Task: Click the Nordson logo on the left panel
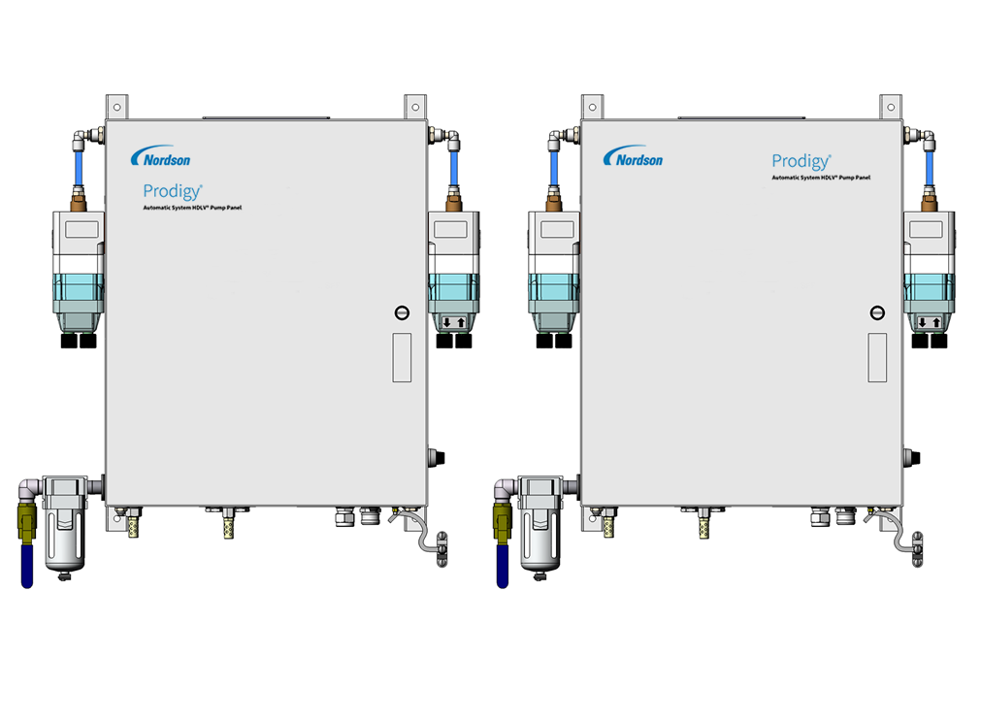(x=160, y=157)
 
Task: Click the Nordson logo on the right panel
(x=633, y=157)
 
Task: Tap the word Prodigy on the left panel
(x=173, y=191)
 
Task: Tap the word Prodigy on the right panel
(x=801, y=161)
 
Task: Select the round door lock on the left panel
(x=403, y=312)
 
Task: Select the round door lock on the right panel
(x=878, y=312)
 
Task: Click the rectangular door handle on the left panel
(x=402, y=357)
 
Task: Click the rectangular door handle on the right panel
(x=877, y=357)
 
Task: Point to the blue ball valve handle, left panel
(x=27, y=566)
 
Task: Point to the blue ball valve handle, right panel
(x=503, y=566)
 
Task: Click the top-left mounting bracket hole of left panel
(x=117, y=107)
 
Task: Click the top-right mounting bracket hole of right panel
(x=891, y=107)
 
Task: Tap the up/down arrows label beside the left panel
(x=454, y=323)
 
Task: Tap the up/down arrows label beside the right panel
(x=929, y=323)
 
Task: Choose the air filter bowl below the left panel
(x=64, y=538)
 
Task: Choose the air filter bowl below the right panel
(x=540, y=538)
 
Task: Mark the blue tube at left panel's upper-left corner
(x=79, y=168)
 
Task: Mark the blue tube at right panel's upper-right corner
(x=929, y=168)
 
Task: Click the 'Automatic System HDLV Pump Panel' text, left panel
(x=192, y=208)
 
